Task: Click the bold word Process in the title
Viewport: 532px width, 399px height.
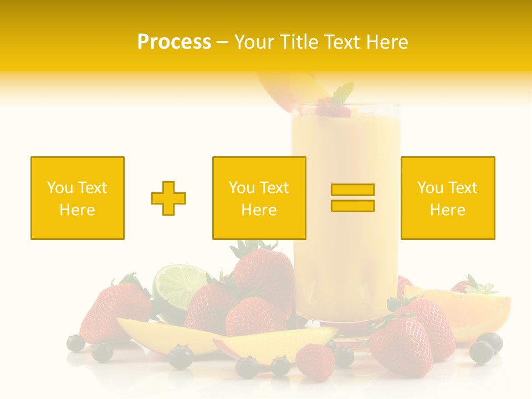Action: [174, 42]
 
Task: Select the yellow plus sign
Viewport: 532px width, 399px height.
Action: [168, 198]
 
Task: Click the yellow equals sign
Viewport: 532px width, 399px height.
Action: [352, 198]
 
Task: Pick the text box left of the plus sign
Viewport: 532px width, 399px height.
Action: [78, 198]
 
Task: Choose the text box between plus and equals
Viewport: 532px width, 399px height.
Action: [259, 198]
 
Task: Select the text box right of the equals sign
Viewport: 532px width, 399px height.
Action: [448, 198]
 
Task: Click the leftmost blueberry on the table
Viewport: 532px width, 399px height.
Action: [75, 343]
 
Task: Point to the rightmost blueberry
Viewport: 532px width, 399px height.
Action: [490, 342]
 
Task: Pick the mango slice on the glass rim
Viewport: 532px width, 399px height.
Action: [285, 89]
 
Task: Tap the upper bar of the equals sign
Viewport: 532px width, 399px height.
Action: [352, 190]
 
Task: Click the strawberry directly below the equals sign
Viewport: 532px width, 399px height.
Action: [401, 344]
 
